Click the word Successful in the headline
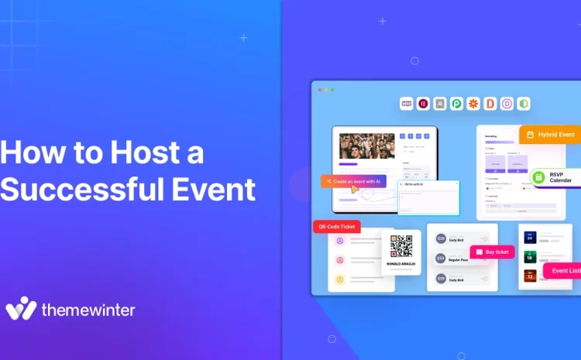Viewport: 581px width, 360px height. [74, 188]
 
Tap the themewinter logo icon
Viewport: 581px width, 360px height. [21, 308]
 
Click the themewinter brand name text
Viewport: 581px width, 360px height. [88, 310]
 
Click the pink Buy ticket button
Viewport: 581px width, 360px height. [493, 252]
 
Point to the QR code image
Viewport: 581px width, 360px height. [401, 246]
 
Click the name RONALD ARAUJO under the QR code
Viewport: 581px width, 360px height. [401, 264]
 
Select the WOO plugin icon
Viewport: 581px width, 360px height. [407, 103]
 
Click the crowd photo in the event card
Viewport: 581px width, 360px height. [367, 146]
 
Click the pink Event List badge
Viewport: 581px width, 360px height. [564, 271]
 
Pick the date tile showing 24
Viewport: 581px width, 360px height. [531, 238]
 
